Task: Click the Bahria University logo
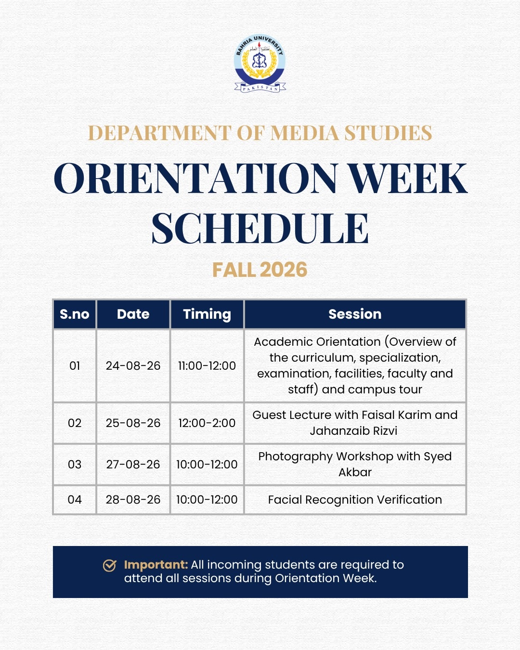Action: coord(260,63)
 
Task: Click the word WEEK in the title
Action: coord(409,178)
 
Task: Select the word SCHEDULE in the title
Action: coord(260,228)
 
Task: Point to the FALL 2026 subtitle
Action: coord(260,270)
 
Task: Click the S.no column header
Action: coord(75,314)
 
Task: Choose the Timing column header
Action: coord(207,314)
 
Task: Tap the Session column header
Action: coord(355,314)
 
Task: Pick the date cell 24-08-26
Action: coord(133,366)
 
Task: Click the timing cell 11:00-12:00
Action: coord(207,366)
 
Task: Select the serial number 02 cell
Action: coord(75,423)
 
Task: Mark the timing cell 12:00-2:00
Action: coord(207,423)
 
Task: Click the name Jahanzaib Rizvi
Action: coord(353,431)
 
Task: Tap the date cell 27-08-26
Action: coord(133,464)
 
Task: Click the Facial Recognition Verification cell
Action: coord(355,500)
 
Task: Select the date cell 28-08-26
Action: coord(133,500)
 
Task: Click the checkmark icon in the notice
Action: coord(109,566)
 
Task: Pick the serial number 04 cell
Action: coord(75,500)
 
